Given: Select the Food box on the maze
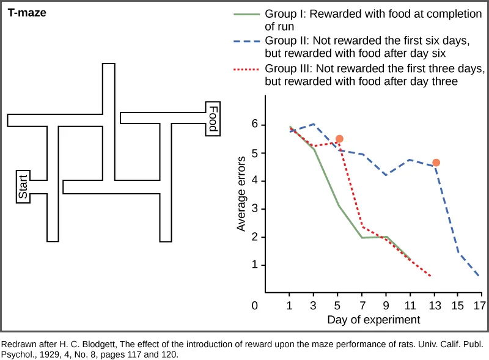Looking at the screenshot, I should pyautogui.click(x=213, y=119).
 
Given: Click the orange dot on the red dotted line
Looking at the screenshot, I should pyautogui.click(x=340, y=139).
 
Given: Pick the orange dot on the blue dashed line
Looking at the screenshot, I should pyautogui.click(x=436, y=163).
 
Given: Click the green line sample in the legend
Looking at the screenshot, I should pyautogui.click(x=246, y=13).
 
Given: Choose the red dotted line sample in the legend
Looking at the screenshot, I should pyautogui.click(x=246, y=69).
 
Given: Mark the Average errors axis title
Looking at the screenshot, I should pyautogui.click(x=241, y=194).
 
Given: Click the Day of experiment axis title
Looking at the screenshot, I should pyautogui.click(x=373, y=320).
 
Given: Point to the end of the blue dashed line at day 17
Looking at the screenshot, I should pyautogui.click(x=479, y=276).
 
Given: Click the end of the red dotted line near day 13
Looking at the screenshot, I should pyautogui.click(x=430, y=276).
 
